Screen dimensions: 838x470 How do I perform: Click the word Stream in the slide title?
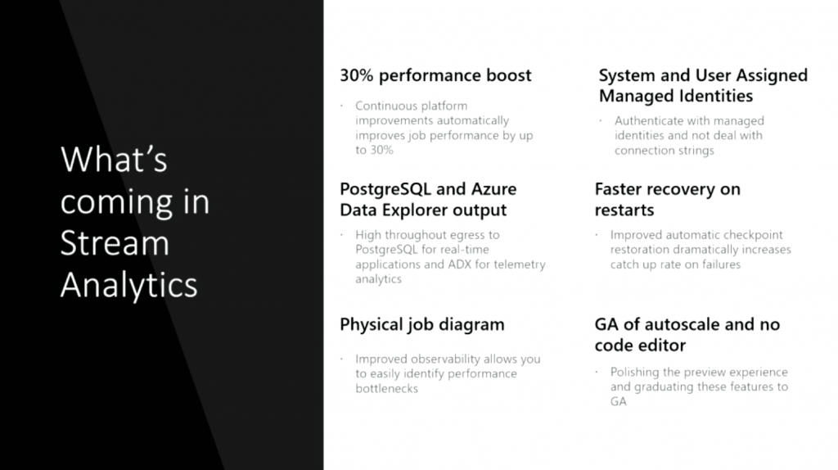point(115,243)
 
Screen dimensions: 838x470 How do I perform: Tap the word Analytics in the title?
point(128,285)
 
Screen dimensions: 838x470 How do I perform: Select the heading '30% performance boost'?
point(435,76)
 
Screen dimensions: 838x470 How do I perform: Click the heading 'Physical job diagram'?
point(422,325)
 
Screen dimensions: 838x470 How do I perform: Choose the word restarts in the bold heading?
point(624,210)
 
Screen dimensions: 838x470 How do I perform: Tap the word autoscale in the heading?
point(683,324)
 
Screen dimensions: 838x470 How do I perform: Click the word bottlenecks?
point(387,388)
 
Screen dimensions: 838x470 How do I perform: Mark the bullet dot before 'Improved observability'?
point(341,359)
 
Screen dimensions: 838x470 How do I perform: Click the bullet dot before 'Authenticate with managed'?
point(601,121)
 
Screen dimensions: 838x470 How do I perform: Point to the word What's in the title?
point(114,160)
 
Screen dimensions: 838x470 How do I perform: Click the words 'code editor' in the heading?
point(640,346)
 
